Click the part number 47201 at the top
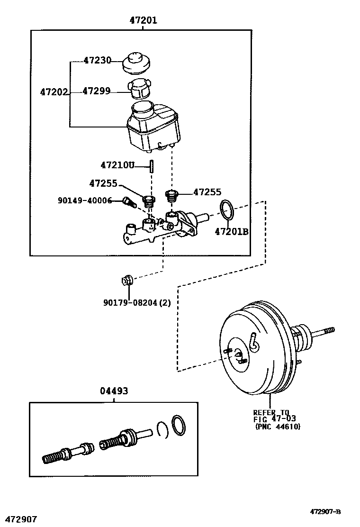pos(143,20)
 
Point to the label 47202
pos(54,93)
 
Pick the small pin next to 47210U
pos(152,166)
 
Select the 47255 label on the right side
pos(207,192)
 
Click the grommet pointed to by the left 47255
pos(150,200)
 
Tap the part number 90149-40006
pos(84,201)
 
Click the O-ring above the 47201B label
pos(227,210)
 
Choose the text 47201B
pos(232,231)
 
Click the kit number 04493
pos(114,391)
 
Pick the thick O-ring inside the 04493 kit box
pos(178,425)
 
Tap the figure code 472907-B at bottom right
pos(325,511)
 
